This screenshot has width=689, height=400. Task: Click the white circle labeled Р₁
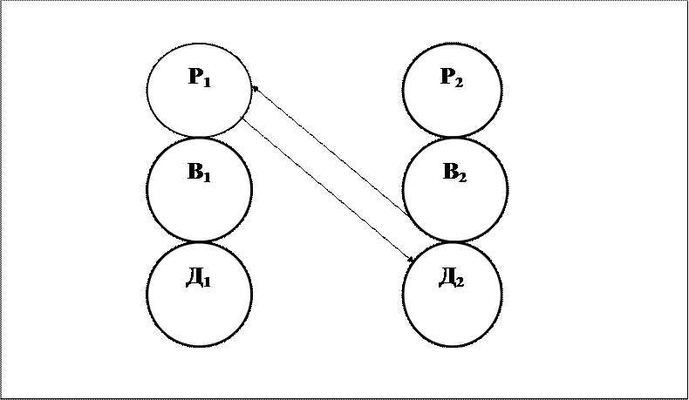tap(199, 90)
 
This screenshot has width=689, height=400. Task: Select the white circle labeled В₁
tap(199, 189)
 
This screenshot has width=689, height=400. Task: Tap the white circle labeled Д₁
tap(199, 295)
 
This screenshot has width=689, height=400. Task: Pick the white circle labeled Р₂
tap(452, 90)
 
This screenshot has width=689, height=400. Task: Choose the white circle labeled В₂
tap(454, 189)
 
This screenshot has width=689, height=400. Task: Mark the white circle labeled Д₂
tap(452, 295)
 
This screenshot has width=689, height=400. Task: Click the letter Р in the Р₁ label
tap(194, 77)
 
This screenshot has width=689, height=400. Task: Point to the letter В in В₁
tap(194, 172)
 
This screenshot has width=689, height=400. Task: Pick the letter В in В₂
tap(450, 172)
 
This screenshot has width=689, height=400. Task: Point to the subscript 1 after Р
tap(208, 81)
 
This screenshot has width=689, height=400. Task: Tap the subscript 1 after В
tap(208, 176)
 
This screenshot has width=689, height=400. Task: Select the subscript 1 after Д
tap(208, 282)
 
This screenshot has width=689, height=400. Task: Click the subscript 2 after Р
tap(460, 81)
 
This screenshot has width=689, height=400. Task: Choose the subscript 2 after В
tap(463, 176)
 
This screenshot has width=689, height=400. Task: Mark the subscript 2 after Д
tap(460, 282)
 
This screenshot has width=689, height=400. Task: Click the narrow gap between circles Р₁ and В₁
tap(199, 138)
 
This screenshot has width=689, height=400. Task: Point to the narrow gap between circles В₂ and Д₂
tap(454, 242)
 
